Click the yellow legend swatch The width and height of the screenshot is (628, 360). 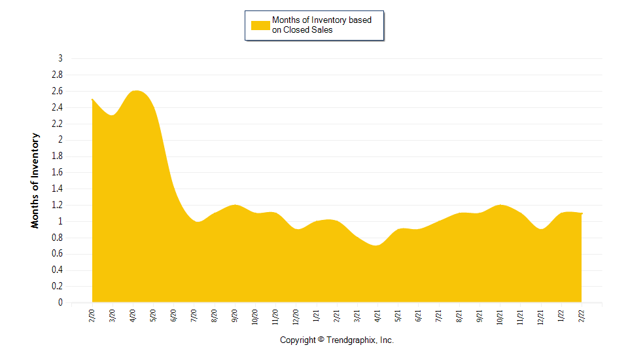260,25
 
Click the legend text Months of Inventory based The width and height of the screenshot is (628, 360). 322,20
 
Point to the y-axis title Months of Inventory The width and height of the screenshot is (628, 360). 35,180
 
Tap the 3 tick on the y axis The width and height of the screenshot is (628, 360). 60,59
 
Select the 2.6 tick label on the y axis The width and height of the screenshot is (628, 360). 58,92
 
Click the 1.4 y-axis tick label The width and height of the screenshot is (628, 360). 58,189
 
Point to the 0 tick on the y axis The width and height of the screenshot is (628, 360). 60,303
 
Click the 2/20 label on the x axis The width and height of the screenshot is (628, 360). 92,315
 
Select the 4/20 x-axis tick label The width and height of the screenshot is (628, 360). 133,315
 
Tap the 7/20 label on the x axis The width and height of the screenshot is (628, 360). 194,315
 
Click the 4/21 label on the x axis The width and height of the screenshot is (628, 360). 377,315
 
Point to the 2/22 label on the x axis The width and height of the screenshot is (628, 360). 582,315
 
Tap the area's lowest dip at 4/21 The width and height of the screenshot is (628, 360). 376,245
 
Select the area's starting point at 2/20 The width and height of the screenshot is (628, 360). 92,99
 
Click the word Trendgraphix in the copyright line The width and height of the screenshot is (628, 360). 351,340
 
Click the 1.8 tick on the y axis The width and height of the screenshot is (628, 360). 58,156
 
